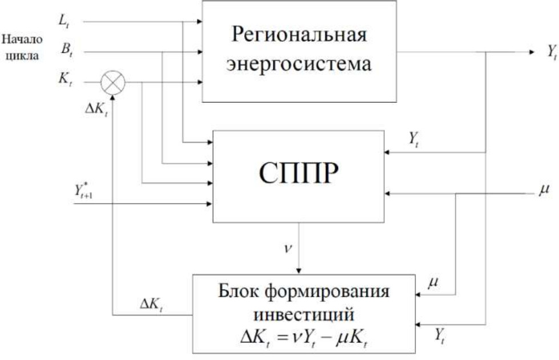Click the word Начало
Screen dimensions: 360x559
[x=22, y=41]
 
